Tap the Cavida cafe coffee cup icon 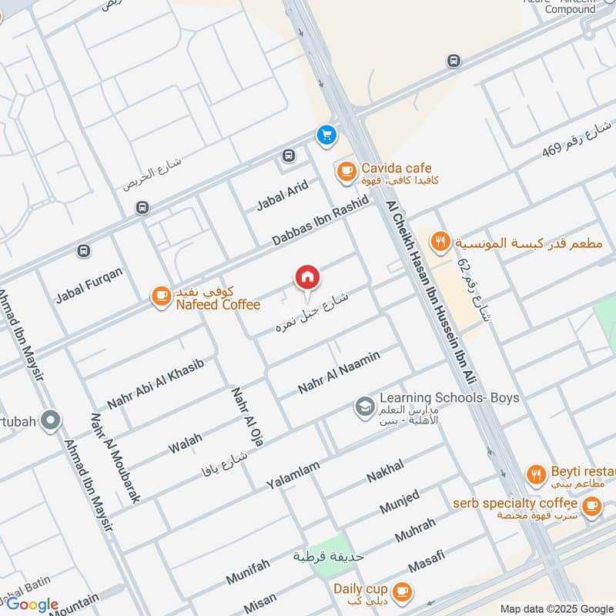pos(345,169)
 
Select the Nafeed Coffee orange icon pos(161,296)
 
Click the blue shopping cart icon pos(326,135)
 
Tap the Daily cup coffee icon pos(400,591)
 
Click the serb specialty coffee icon pos(591,505)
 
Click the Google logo pos(32,604)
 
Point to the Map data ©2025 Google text pos(556,608)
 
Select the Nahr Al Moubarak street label pos(115,457)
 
